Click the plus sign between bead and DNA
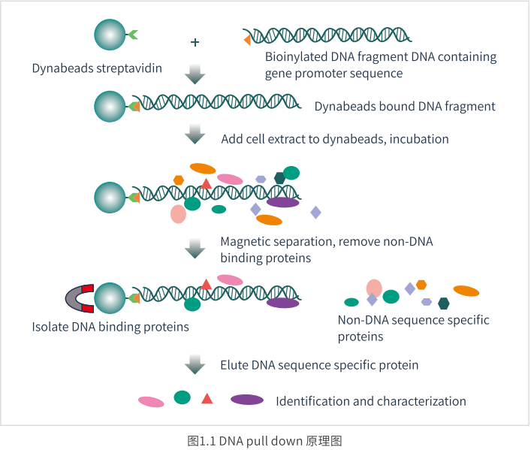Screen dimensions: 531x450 (x=195, y=42)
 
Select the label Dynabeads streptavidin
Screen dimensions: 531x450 (x=97, y=68)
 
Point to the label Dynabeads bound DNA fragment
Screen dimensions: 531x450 (x=405, y=107)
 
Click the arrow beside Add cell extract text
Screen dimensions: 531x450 (x=195, y=134)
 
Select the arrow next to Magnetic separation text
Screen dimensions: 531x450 (x=195, y=249)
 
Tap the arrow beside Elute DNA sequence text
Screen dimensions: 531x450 (x=195, y=364)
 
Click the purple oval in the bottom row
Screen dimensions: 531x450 (x=247, y=400)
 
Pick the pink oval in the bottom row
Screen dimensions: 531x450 (x=151, y=401)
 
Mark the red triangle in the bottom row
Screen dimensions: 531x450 (x=207, y=398)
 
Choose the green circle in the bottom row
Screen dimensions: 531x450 (x=183, y=397)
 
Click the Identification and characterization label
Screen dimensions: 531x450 (x=371, y=401)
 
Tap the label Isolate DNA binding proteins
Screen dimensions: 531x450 (x=110, y=327)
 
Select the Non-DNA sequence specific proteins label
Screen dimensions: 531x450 (x=414, y=328)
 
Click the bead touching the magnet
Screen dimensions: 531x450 (x=110, y=298)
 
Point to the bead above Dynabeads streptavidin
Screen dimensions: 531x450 (x=110, y=35)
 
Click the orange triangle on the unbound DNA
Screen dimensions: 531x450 (x=247, y=40)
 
